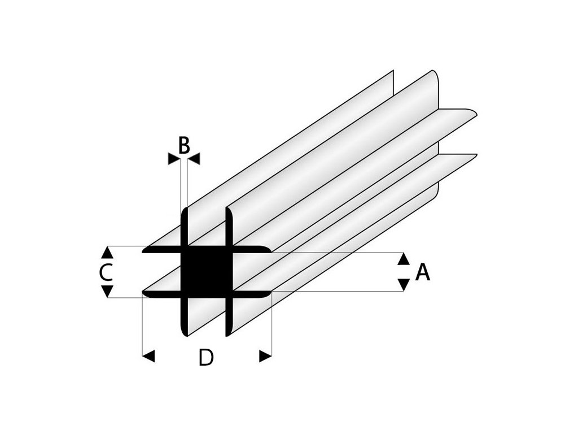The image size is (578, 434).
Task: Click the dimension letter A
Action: click(423, 273)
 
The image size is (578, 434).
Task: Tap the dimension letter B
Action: click(184, 146)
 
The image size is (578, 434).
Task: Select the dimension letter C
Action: click(106, 272)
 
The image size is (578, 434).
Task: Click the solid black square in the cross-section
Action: click(206, 272)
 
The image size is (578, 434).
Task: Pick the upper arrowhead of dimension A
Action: click(404, 259)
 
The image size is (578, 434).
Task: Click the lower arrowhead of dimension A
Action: click(404, 284)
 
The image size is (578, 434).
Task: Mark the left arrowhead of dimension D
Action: click(148, 356)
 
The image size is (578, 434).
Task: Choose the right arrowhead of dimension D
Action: click(265, 356)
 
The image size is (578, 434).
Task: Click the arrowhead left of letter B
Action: click(174, 159)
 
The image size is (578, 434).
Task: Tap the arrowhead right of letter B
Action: click(194, 159)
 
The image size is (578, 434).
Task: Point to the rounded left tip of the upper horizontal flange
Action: click(144, 250)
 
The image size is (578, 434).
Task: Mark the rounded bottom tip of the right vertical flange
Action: click(229, 333)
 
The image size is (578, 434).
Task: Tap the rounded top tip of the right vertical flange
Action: click(229, 210)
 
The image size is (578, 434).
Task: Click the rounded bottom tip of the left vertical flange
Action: click(184, 333)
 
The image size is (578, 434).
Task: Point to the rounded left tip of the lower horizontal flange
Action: click(144, 294)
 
